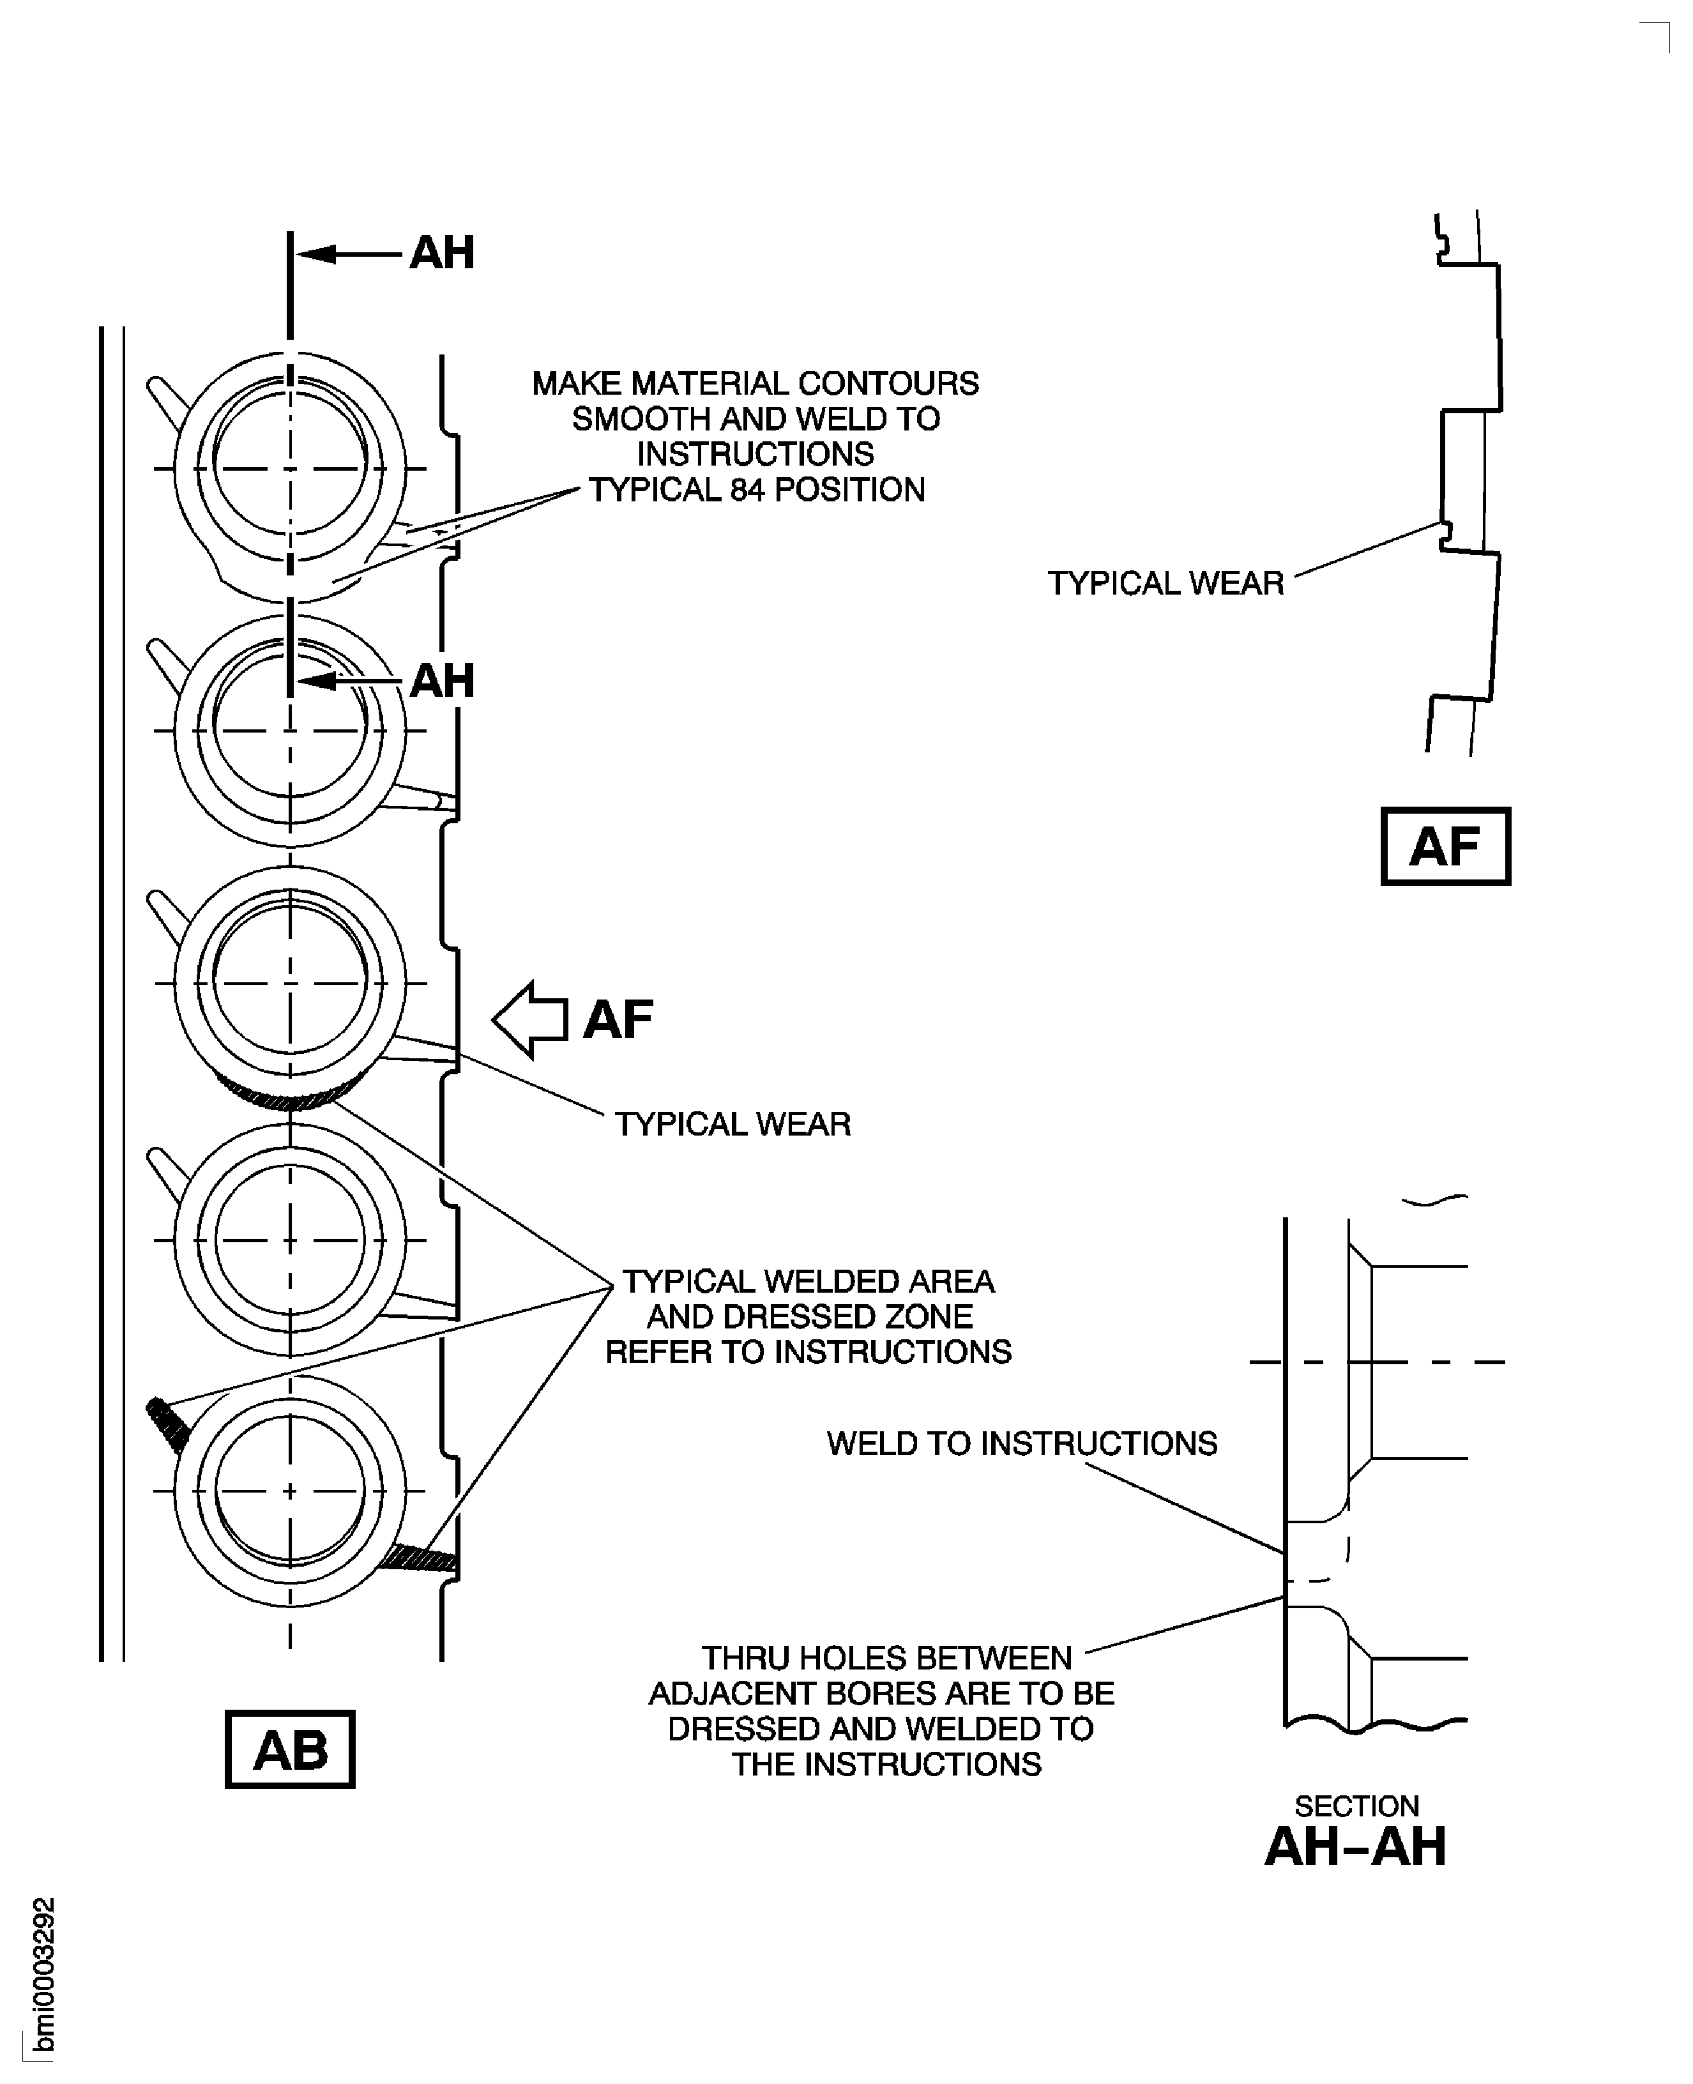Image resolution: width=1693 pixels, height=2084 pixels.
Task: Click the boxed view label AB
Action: click(290, 1749)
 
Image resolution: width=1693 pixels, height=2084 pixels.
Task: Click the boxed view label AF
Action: click(1445, 846)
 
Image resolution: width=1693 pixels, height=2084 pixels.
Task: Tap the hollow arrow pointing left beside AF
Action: click(529, 1019)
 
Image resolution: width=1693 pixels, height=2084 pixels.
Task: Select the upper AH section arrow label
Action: click(442, 252)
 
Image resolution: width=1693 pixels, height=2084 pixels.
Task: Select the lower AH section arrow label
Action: click(442, 681)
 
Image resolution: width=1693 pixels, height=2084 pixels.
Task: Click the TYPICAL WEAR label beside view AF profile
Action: click(1165, 583)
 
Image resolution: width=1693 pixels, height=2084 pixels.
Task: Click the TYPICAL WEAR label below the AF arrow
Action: click(733, 1125)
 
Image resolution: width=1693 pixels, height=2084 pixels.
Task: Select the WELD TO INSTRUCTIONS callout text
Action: click(1021, 1443)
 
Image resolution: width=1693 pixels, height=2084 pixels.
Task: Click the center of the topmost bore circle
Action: click(290, 468)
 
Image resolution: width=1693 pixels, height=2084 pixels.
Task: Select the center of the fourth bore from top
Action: click(290, 1240)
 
